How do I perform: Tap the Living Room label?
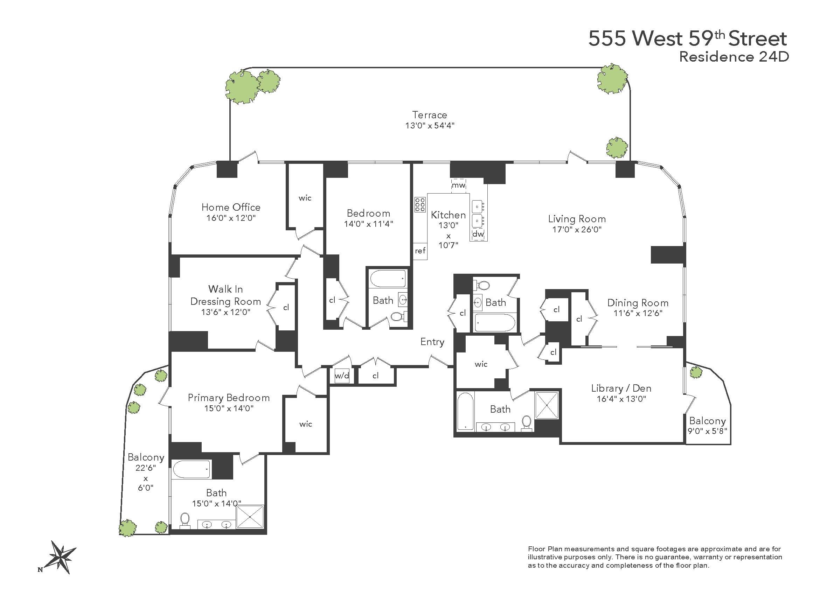pos(577,219)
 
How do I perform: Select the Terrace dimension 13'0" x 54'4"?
pos(430,126)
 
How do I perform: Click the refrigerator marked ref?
pos(420,251)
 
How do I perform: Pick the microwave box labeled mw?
pos(458,185)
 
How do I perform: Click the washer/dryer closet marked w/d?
pos(342,376)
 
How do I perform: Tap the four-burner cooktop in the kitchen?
pos(420,205)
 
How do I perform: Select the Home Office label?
pos(231,207)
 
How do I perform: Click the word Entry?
pos(432,342)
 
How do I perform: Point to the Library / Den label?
pos(621,388)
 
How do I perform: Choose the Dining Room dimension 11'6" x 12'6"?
pos(638,313)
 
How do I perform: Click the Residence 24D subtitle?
pos(734,57)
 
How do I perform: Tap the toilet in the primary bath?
pos(185,520)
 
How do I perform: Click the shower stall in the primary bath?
pos(250,517)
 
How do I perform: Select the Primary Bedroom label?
pos(229,398)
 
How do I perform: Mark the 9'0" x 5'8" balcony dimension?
pos(707,431)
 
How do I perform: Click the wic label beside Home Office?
pos(305,198)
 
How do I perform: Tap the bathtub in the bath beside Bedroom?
pos(388,279)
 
